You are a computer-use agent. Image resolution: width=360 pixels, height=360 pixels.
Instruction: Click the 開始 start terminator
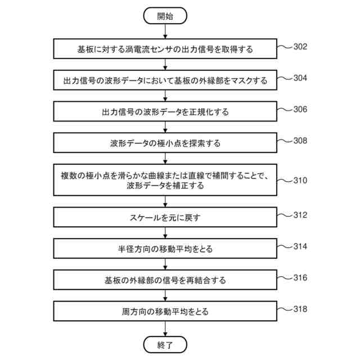click(x=165, y=16)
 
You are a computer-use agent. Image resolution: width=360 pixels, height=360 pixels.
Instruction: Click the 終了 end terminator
click(x=165, y=344)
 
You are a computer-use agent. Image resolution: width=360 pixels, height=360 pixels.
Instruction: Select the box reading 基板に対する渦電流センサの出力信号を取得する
click(x=165, y=49)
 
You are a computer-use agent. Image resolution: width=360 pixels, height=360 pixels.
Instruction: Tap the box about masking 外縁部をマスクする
click(x=165, y=80)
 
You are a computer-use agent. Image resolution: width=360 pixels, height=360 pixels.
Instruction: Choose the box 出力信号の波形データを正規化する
click(x=165, y=111)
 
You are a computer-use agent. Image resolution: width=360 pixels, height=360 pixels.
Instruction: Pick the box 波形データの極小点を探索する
click(x=165, y=143)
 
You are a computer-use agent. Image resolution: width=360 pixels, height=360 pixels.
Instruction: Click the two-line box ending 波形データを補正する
click(x=165, y=180)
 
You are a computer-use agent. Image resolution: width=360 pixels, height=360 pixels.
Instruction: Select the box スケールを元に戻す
click(x=165, y=217)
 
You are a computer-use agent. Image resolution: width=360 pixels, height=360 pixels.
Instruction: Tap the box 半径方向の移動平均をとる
click(x=165, y=248)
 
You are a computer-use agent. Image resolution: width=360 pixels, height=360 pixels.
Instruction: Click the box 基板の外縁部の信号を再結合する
click(x=165, y=280)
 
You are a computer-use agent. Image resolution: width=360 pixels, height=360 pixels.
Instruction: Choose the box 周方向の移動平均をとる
click(x=165, y=310)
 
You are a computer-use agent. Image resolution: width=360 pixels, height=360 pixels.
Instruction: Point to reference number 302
click(x=300, y=47)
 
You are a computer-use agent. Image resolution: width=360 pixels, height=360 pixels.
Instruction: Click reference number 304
click(x=300, y=78)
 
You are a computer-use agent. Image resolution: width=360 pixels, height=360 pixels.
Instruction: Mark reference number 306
click(x=300, y=109)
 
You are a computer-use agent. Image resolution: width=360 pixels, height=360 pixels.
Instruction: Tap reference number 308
click(x=300, y=141)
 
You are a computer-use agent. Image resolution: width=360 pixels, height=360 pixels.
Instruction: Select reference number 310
click(x=300, y=181)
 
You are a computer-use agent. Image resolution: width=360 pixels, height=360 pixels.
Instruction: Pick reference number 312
click(x=300, y=215)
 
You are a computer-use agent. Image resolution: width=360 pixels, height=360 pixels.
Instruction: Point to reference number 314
click(x=300, y=246)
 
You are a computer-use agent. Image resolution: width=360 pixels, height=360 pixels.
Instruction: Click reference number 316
click(x=300, y=277)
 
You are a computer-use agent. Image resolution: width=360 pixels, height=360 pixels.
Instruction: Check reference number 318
click(x=300, y=308)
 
